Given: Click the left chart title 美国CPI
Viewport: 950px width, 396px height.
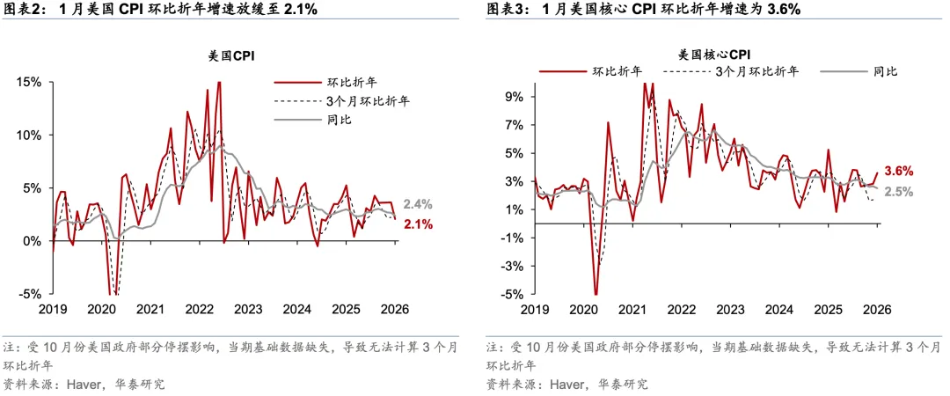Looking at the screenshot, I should coord(226,55).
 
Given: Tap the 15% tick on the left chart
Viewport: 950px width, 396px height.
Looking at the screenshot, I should coord(30,82).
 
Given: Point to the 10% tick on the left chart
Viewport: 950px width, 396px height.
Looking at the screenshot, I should coord(30,135).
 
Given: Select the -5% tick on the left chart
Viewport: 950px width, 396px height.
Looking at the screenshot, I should coord(30,294).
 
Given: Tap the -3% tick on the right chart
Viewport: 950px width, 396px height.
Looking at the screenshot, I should coord(514,267).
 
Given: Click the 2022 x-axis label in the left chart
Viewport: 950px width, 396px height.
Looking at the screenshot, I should coord(198,310).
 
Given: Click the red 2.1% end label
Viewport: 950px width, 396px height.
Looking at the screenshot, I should coord(418,225).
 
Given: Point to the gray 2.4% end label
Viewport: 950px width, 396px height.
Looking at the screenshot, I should coord(418,204).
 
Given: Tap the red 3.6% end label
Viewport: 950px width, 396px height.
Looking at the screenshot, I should coord(898,171).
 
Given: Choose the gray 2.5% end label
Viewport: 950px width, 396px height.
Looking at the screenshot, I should coord(898,191).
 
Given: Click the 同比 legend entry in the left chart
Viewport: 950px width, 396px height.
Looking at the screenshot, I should coord(338,120).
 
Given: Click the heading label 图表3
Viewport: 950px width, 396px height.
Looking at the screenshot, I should coord(507,11).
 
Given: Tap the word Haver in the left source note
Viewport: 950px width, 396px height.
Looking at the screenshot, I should coord(81,384).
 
